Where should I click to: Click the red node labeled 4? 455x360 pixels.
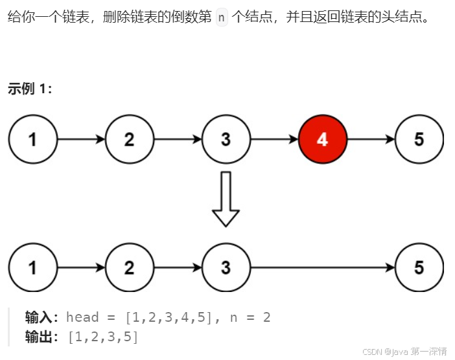click(x=323, y=139)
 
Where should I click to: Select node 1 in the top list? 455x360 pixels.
click(x=32, y=139)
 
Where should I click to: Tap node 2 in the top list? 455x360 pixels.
click(x=129, y=139)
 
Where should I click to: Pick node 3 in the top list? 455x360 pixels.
click(x=226, y=139)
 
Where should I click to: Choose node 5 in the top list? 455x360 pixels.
click(x=419, y=139)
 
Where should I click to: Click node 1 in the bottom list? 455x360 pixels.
click(x=32, y=267)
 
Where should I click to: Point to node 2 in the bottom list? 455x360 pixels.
click(x=129, y=267)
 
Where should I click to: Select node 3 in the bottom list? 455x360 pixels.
click(x=226, y=267)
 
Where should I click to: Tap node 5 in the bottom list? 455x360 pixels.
click(x=419, y=267)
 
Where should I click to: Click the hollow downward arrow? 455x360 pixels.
click(x=226, y=198)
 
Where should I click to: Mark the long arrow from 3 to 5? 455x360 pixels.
click(x=322, y=267)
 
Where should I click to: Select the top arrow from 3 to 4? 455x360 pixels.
click(x=274, y=139)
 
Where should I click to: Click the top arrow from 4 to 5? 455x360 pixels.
click(x=371, y=139)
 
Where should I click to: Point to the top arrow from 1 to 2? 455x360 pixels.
click(x=80, y=139)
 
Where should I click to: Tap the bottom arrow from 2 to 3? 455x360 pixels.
click(x=177, y=267)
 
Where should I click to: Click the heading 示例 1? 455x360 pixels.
click(x=30, y=89)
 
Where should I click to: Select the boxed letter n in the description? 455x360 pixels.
click(x=222, y=17)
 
